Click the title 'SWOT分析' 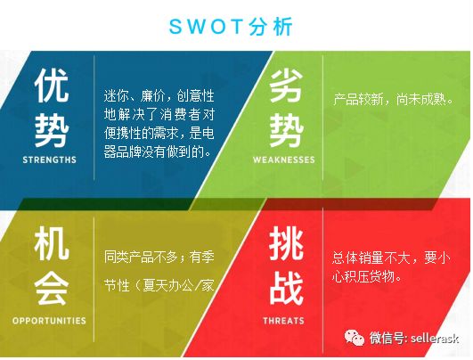tap(231, 27)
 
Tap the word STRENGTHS tap(50, 160)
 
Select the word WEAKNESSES tap(284, 160)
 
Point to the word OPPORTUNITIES tap(49, 321)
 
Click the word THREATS tap(283, 321)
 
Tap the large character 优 tap(52, 85)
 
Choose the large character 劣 tap(286, 85)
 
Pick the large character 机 tap(52, 244)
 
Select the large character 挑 tap(286, 244)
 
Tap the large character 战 tap(286, 288)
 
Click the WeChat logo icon tap(355, 338)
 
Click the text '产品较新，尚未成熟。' tap(394, 99)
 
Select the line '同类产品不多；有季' tap(159, 258)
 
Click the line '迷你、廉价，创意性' tap(159, 96)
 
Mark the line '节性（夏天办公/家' tap(159, 285)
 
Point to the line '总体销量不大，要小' tap(391, 258)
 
